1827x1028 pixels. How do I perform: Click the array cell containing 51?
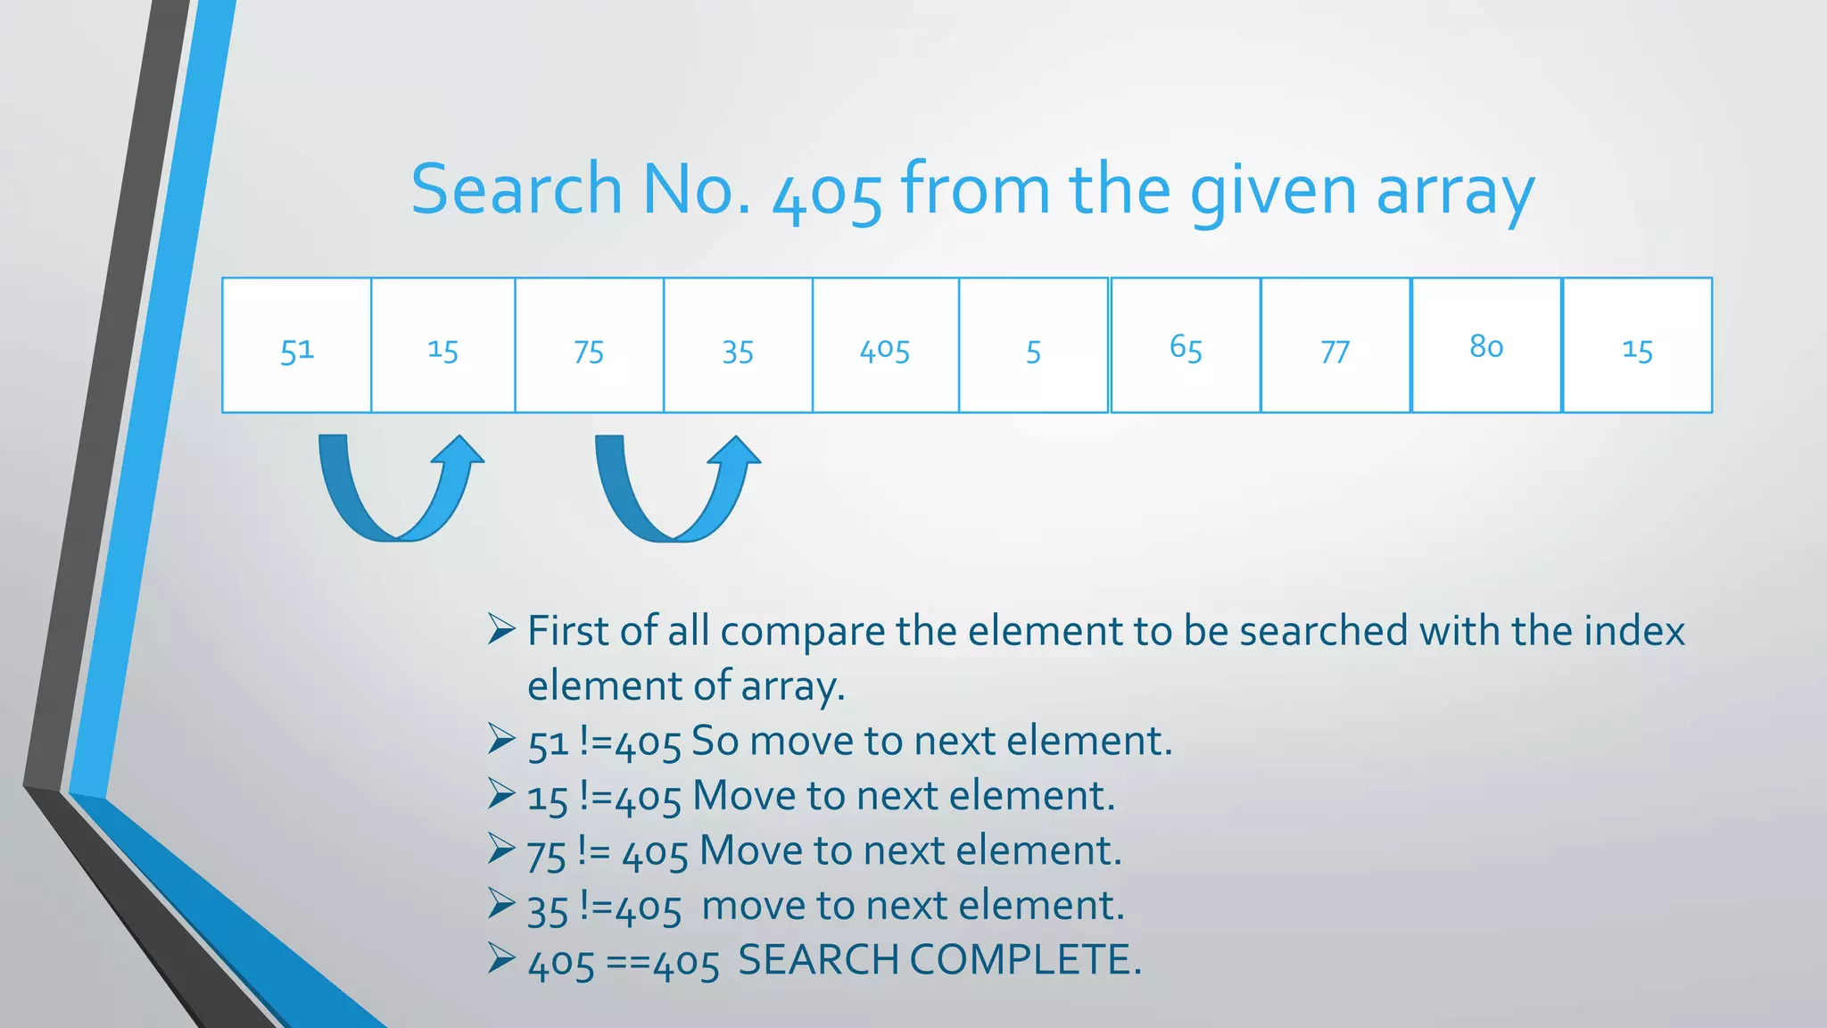pyautogui.click(x=296, y=345)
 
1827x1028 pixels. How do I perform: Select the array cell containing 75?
pyautogui.click(x=589, y=345)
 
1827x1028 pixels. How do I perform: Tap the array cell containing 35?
pyautogui.click(x=738, y=345)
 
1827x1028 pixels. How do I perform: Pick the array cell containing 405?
pyautogui.click(x=885, y=345)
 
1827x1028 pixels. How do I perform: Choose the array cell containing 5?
pyautogui.click(x=1033, y=345)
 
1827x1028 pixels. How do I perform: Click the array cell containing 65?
pyautogui.click(x=1186, y=345)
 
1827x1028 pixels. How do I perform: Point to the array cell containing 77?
pyautogui.click(x=1335, y=345)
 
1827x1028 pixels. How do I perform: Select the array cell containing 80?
pyautogui.click(x=1486, y=345)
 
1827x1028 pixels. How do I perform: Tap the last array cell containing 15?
pyautogui.click(x=1637, y=345)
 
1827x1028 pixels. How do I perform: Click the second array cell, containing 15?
pyautogui.click(x=442, y=345)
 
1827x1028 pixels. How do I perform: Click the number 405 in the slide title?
pyautogui.click(x=827, y=193)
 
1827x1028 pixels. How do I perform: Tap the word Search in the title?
pyautogui.click(x=516, y=189)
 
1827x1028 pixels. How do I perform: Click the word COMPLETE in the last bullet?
pyautogui.click(x=1025, y=960)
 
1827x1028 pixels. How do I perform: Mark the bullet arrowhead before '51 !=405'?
pyautogui.click(x=501, y=740)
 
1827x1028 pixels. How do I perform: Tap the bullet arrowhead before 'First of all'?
pyautogui.click(x=501, y=630)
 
